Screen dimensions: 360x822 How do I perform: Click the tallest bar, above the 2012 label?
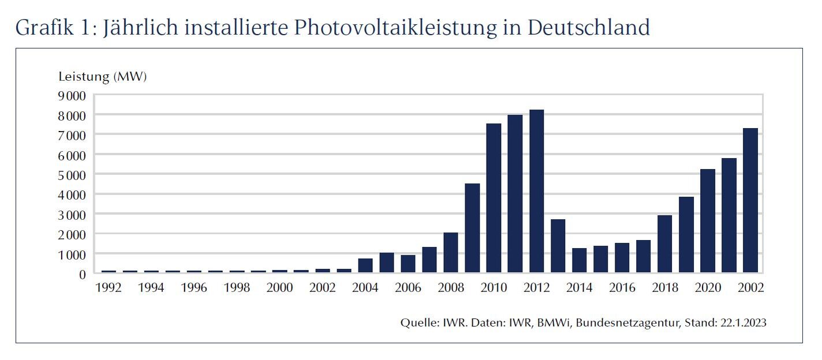tap(536, 191)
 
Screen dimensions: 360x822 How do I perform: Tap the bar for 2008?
tap(451, 253)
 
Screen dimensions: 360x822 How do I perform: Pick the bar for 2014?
tap(579, 260)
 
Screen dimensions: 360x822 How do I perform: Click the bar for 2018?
tap(664, 244)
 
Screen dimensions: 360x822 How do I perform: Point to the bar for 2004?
tap(365, 265)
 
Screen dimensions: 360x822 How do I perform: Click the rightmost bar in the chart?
tap(750, 200)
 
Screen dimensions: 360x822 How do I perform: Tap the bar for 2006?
tap(408, 264)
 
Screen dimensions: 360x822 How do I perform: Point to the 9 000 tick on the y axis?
tap(72, 95)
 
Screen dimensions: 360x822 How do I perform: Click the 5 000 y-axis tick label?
tap(72, 174)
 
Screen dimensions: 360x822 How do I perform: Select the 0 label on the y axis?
tap(82, 273)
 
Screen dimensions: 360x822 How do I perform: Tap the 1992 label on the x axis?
tap(108, 287)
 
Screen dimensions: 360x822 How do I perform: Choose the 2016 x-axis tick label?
tap(622, 287)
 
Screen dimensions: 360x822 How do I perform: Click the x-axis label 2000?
tap(279, 287)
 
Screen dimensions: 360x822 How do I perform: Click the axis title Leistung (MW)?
tap(103, 77)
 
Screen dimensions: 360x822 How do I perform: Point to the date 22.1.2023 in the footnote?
tap(743, 322)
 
